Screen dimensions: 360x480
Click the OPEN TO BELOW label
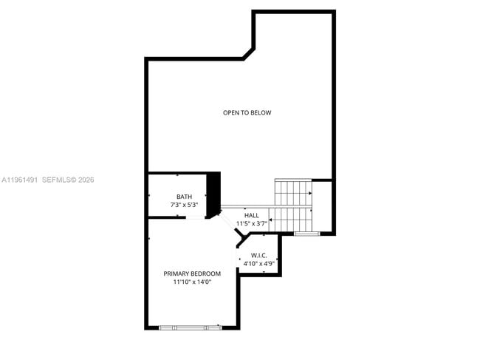(x=247, y=112)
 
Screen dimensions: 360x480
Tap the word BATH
(x=184, y=197)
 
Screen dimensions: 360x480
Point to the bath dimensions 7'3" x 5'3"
(x=184, y=205)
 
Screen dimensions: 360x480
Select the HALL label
(x=252, y=215)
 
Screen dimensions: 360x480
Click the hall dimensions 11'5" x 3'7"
(x=251, y=223)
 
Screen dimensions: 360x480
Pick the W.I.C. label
(x=259, y=255)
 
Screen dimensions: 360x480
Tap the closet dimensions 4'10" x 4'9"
(x=259, y=263)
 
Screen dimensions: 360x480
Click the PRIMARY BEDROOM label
(x=192, y=274)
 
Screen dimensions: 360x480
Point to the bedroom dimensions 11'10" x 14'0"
(x=192, y=282)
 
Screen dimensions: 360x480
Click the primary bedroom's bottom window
(x=191, y=327)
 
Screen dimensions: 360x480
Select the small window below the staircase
(x=306, y=234)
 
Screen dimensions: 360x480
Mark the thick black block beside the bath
(x=213, y=194)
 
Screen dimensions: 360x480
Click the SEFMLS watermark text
(x=68, y=180)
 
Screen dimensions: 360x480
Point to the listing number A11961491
(x=19, y=180)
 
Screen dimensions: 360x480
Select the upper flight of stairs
(x=293, y=193)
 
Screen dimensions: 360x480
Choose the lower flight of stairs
(x=292, y=220)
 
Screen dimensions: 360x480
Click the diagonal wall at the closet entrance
(x=241, y=238)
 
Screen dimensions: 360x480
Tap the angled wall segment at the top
(x=248, y=54)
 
